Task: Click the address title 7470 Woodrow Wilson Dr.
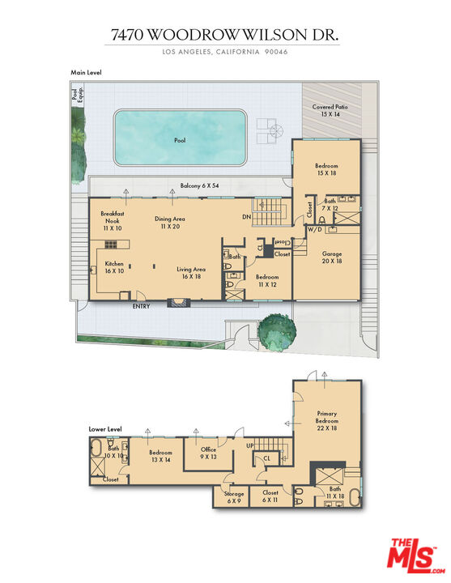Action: point(225,35)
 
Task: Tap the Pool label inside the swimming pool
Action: point(180,140)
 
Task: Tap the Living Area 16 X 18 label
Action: point(191,273)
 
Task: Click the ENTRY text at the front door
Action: point(142,306)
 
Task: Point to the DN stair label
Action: point(246,218)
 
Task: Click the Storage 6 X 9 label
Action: point(234,497)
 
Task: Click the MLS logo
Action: point(411,555)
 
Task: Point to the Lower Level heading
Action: point(105,428)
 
